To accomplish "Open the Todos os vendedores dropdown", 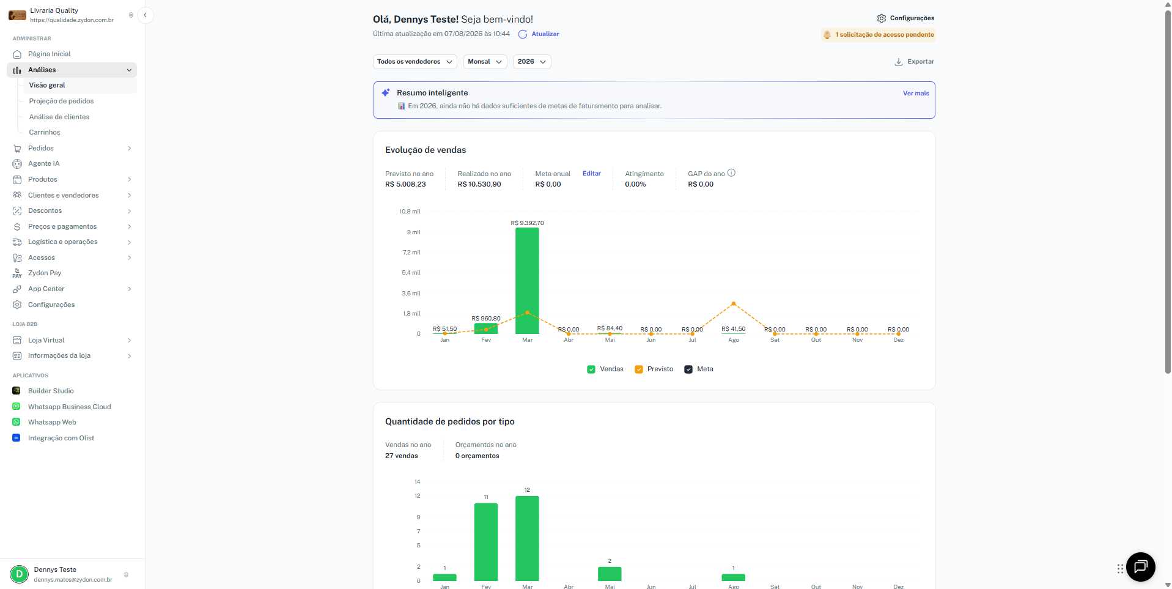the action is coord(415,62).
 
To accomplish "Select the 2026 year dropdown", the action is coord(532,62).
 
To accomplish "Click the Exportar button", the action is coord(914,62).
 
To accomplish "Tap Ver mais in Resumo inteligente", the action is coord(916,94).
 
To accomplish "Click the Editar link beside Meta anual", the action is coord(592,174).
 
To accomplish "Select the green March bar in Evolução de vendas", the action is coord(527,281).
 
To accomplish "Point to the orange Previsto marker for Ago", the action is coord(734,303).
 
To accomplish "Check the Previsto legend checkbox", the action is coord(639,369).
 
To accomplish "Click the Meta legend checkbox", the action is coord(688,369).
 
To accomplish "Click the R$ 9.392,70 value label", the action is coord(527,223).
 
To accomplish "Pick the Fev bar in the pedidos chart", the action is coord(486,542).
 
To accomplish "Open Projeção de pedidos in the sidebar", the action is coord(61,101).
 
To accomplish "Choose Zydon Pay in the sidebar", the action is coord(45,273).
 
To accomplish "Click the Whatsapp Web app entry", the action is coord(52,422).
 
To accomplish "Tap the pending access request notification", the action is coord(879,35).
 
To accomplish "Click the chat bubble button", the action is coord(1140,567).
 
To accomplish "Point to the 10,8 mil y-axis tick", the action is coord(410,212).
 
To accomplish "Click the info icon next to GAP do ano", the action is coord(731,173).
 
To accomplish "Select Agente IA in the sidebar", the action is coord(43,164).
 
